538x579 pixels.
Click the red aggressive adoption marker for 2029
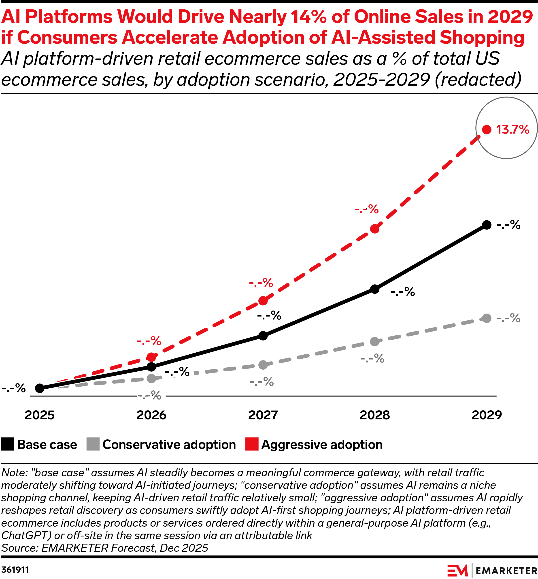pos(487,130)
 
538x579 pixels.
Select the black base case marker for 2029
pos(487,225)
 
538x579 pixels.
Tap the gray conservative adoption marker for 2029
pos(487,318)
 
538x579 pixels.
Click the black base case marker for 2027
pos(263,336)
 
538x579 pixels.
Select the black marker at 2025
pos(40,388)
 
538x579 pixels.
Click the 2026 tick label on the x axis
pos(151,415)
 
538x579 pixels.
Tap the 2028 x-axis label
pos(375,415)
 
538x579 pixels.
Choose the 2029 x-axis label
pos(487,415)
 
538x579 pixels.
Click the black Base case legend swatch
pos(8,444)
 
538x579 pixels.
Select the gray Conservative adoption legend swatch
pos(93,444)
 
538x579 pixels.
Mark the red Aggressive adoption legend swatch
pos(252,444)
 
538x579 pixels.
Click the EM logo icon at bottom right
pos(457,570)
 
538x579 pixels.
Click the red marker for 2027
pos(263,301)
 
